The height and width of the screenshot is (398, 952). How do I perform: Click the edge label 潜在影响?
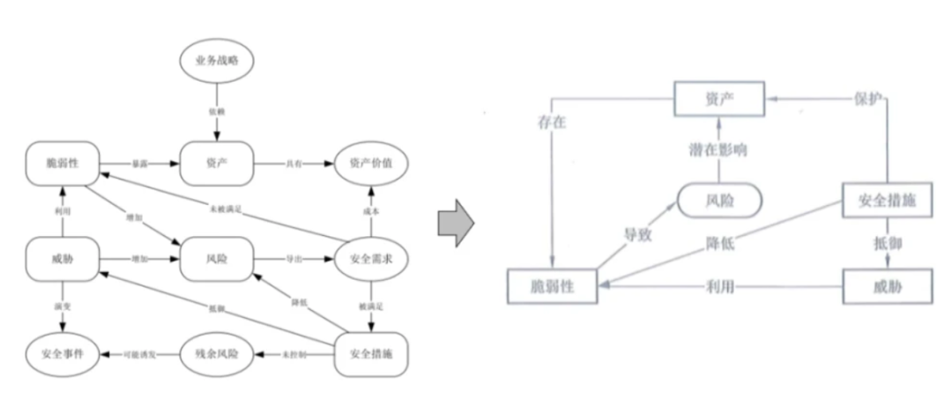pyautogui.click(x=718, y=150)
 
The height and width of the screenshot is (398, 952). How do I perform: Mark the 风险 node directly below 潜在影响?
pyautogui.click(x=718, y=202)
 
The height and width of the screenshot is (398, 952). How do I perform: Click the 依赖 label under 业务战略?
pyautogui.click(x=216, y=113)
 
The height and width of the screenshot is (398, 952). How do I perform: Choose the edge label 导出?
pyautogui.click(x=294, y=260)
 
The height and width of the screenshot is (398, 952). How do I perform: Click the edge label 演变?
pyautogui.click(x=59, y=307)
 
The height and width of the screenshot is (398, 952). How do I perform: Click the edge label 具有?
pyautogui.click(x=294, y=165)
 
